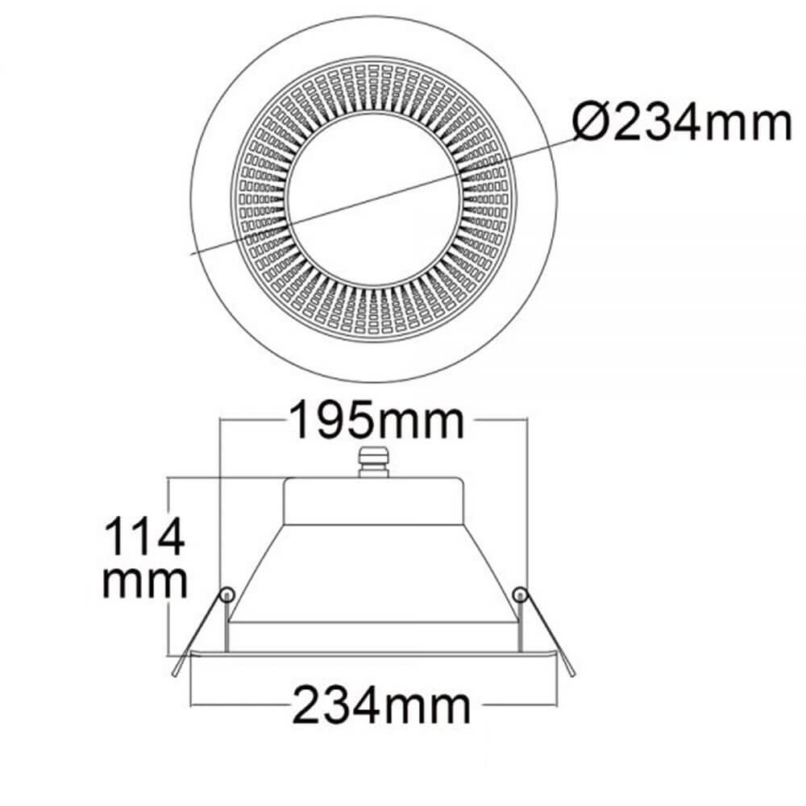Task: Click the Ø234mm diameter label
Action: pyautogui.click(x=682, y=123)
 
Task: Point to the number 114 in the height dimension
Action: pyautogui.click(x=145, y=536)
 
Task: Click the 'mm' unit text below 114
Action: pyautogui.click(x=145, y=582)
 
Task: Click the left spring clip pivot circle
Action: pyautogui.click(x=227, y=595)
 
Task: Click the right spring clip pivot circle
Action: pyautogui.click(x=521, y=595)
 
